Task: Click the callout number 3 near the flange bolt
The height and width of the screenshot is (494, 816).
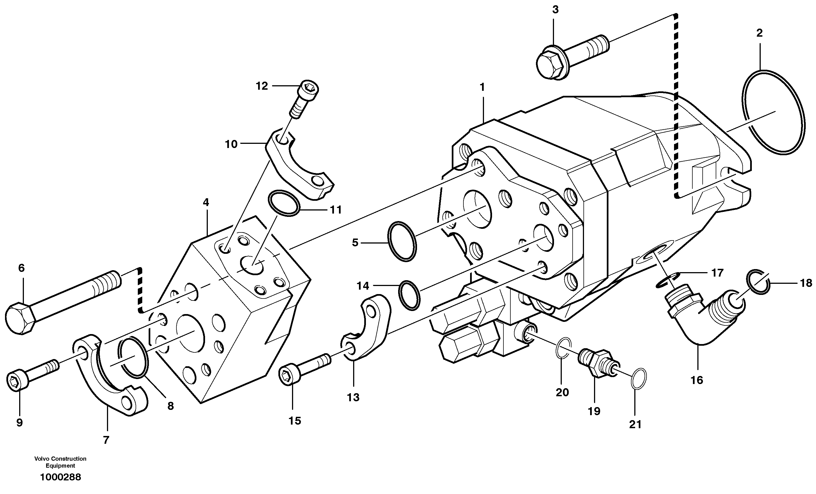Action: pos(555,10)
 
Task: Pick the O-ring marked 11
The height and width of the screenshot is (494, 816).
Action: pos(283,203)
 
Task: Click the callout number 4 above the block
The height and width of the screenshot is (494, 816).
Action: pos(206,202)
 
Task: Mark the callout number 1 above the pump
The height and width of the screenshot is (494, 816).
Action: pos(482,87)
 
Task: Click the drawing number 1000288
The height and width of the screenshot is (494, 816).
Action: pos(60,477)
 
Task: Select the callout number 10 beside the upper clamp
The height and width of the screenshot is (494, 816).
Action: pos(231,144)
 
